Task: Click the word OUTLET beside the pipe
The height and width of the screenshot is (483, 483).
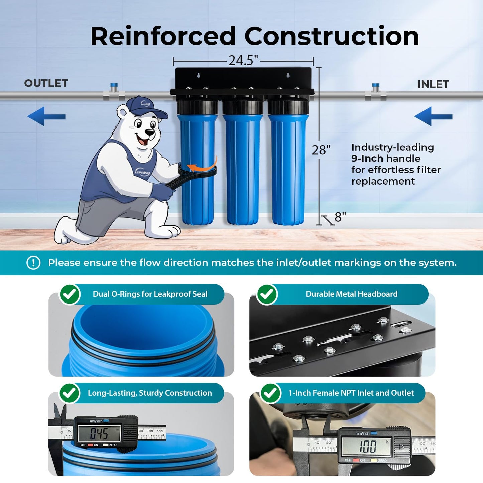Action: coord(46,83)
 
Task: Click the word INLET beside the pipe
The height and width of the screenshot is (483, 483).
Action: coord(433,84)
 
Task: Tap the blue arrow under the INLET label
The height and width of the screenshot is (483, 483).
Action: coord(433,116)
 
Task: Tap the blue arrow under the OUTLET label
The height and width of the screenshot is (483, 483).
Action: coord(46,116)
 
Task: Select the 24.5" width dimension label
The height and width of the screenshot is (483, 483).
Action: coord(243,61)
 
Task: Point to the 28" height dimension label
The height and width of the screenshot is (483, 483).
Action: coord(321,150)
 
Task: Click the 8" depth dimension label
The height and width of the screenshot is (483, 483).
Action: coord(340,217)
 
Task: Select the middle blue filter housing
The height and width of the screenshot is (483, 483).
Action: coord(243,167)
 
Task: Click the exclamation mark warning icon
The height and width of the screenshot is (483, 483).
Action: coord(33,263)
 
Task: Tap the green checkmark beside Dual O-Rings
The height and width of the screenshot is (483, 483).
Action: coord(70,294)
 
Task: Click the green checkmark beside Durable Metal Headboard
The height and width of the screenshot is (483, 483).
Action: coord(267,294)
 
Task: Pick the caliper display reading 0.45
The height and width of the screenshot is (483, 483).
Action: coord(99,434)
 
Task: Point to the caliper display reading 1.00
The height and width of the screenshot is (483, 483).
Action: coord(368,446)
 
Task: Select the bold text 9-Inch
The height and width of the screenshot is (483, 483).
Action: coord(367,158)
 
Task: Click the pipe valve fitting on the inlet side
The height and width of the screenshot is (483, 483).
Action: coord(375,93)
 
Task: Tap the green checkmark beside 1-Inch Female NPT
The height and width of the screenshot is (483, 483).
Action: coord(270,393)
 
